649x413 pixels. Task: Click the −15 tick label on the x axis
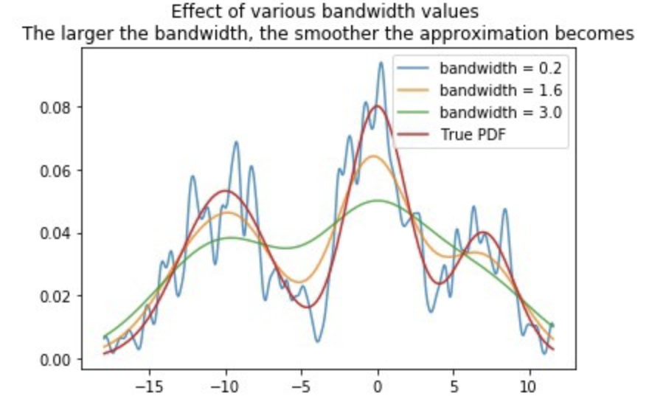(x=149, y=386)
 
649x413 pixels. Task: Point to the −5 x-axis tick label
(x=301, y=386)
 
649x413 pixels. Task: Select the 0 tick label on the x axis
(x=378, y=386)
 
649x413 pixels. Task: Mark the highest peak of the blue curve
(x=381, y=63)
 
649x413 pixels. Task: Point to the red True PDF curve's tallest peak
(x=378, y=105)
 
